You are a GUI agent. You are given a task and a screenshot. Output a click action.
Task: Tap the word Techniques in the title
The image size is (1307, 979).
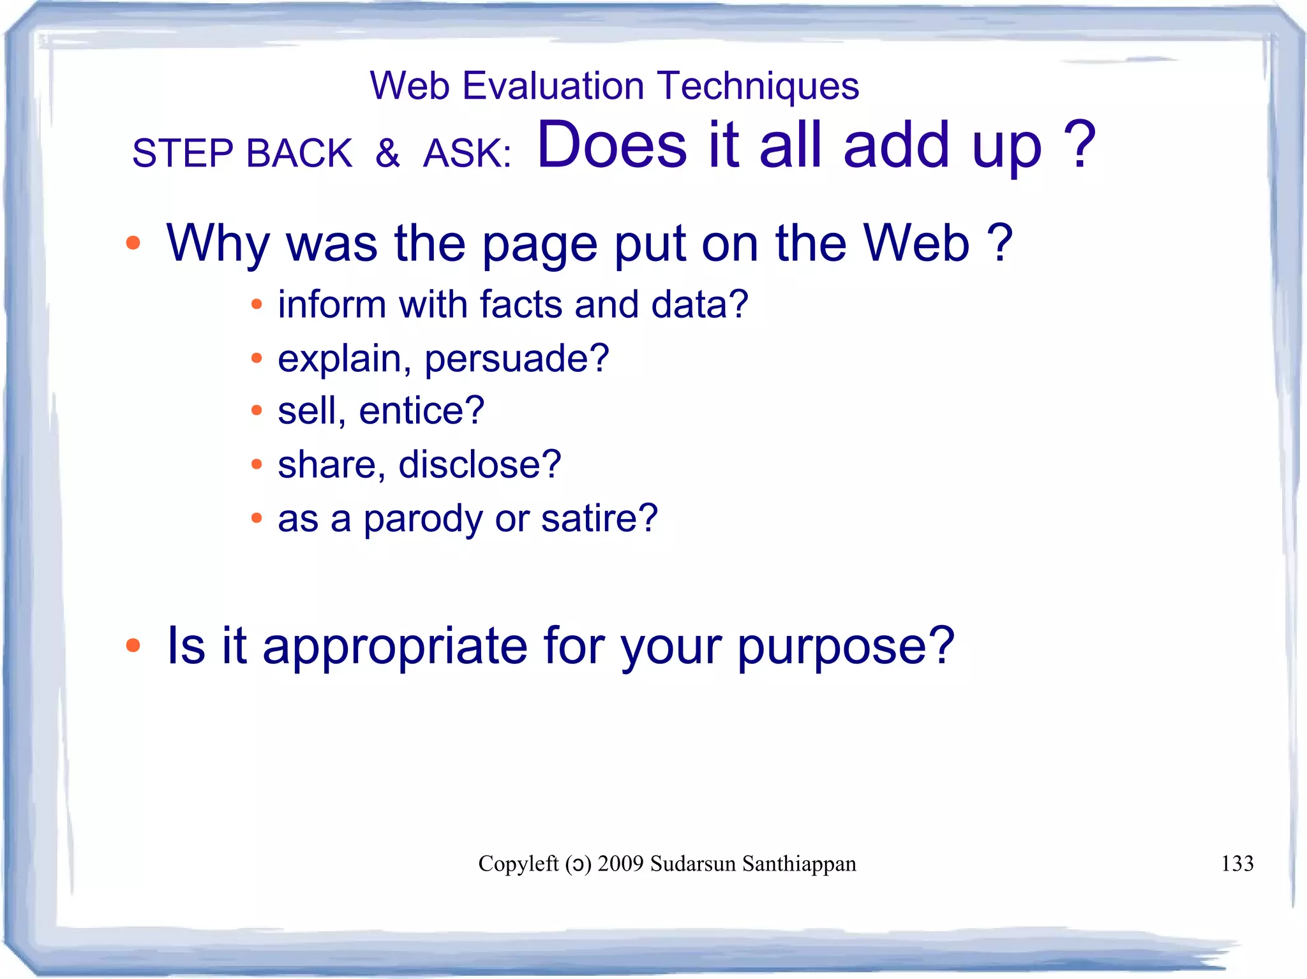point(758,85)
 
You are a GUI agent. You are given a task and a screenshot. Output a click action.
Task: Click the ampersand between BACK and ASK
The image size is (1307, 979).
point(387,153)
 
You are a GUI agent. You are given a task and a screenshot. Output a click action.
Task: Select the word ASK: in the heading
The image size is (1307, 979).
point(467,154)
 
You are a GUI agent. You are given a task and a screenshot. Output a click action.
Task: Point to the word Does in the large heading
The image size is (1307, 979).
point(611,145)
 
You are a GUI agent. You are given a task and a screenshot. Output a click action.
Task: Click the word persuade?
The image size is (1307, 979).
point(517,358)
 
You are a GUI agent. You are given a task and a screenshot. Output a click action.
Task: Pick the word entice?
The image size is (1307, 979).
point(421,410)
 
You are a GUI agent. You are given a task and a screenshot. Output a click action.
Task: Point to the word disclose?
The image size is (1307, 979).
point(479,464)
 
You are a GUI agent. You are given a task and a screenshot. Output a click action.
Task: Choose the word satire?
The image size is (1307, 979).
point(599,518)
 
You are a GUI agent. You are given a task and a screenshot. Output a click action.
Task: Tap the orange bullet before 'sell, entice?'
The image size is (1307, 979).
point(257,410)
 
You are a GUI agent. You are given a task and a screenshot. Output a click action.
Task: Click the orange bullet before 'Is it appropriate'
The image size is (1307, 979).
point(133,645)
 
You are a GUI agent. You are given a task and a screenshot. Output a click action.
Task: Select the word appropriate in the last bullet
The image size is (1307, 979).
point(395,646)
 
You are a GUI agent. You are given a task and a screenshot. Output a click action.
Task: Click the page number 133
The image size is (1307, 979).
point(1237,864)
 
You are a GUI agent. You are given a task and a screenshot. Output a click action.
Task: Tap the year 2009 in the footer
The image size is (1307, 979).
point(620,864)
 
